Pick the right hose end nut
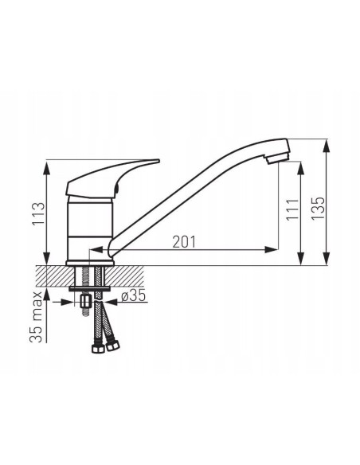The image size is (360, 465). pyautogui.click(x=109, y=347)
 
